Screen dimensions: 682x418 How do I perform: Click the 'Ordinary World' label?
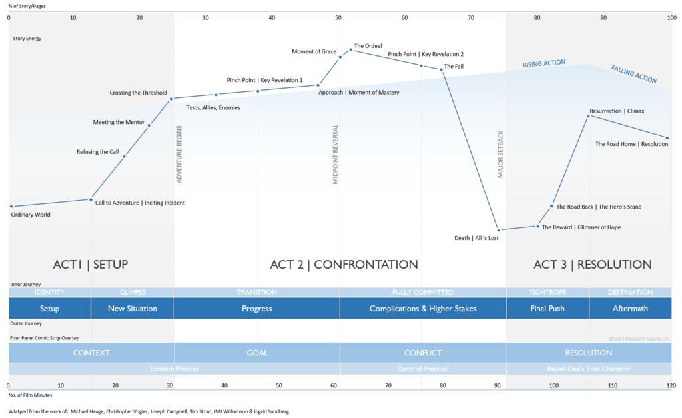coord(31,215)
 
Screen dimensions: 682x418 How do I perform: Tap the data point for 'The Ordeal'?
coord(351,49)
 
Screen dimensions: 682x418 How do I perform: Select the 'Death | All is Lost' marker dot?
coord(498,230)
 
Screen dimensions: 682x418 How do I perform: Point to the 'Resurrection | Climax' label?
coord(617,111)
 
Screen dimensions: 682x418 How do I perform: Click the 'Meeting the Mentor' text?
coord(119,123)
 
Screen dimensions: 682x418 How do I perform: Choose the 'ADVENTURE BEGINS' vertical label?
coord(179,154)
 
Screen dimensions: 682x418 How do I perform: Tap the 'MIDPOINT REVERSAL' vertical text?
coord(336,154)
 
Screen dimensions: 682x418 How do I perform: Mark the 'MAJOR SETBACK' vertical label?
coord(500,154)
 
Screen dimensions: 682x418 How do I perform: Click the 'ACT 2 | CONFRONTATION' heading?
coord(344,264)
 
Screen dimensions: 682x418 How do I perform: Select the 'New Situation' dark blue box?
coord(133,308)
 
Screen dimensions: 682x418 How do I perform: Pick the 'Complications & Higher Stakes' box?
coord(423,308)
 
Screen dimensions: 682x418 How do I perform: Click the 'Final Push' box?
coord(547,308)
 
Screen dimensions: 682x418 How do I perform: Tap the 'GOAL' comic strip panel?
coord(257,353)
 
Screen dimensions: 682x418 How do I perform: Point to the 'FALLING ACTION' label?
coord(634,74)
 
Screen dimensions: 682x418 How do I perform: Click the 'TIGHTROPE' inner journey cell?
coord(547,292)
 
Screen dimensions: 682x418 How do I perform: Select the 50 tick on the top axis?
coord(338,18)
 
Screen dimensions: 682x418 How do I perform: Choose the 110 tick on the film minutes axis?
coord(613,385)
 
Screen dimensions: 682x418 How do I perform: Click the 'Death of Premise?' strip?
coord(423,369)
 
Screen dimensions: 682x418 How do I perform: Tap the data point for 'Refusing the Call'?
coord(124,157)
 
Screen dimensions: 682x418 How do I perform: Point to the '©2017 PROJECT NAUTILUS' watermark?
coord(639,339)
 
